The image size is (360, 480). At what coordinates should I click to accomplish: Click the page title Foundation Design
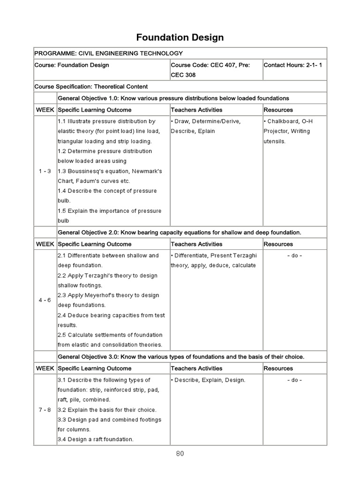click(x=180, y=37)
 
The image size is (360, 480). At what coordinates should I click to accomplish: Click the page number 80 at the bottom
click(x=180, y=453)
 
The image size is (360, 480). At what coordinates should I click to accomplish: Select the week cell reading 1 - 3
click(x=45, y=171)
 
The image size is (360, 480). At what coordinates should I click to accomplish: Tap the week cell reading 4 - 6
click(x=45, y=300)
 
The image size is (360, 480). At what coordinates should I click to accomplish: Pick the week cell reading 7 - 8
click(x=45, y=410)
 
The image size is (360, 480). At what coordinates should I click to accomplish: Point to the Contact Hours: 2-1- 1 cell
click(x=293, y=65)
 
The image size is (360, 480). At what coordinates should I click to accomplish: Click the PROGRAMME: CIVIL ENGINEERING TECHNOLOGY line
click(x=109, y=53)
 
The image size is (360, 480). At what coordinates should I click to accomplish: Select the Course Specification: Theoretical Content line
click(x=91, y=87)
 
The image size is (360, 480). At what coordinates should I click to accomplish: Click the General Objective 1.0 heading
click(x=173, y=98)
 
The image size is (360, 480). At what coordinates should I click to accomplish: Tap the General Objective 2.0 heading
click(x=179, y=232)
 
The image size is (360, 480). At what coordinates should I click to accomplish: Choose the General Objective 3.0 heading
click(x=181, y=357)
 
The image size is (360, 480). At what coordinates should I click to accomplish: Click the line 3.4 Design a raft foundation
click(x=96, y=439)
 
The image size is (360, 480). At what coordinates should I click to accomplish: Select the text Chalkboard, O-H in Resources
click(x=290, y=121)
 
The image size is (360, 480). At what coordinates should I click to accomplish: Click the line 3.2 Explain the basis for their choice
click(x=107, y=410)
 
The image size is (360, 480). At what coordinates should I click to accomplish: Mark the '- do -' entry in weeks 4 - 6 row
click(x=294, y=255)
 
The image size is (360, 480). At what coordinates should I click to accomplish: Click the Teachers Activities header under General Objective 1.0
click(x=196, y=110)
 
